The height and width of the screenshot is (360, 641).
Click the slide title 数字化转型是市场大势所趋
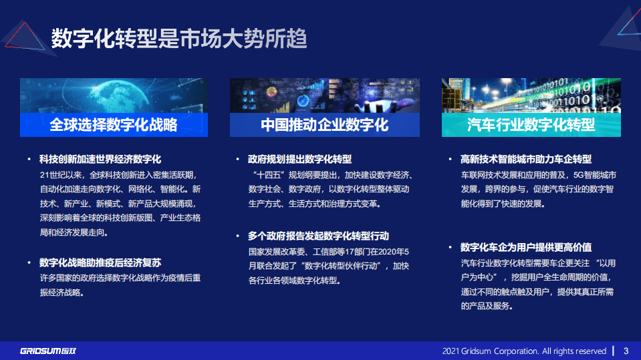pyautogui.click(x=179, y=39)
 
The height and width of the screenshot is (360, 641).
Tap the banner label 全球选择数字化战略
pyautogui.click(x=114, y=125)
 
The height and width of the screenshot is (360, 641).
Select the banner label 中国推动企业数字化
pyautogui.click(x=325, y=125)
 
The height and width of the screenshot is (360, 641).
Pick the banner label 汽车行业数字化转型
pyautogui.click(x=531, y=125)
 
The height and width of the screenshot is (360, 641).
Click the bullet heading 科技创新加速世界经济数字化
pyautogui.click(x=101, y=160)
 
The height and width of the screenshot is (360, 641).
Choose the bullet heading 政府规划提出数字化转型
pyautogui.click(x=300, y=160)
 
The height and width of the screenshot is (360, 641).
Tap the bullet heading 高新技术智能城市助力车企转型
pyautogui.click(x=527, y=160)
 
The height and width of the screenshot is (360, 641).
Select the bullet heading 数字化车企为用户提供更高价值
pyautogui.click(x=527, y=247)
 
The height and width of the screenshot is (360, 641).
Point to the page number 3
pyautogui.click(x=626, y=351)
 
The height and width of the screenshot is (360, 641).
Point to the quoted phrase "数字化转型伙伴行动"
pyautogui.click(x=344, y=266)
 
